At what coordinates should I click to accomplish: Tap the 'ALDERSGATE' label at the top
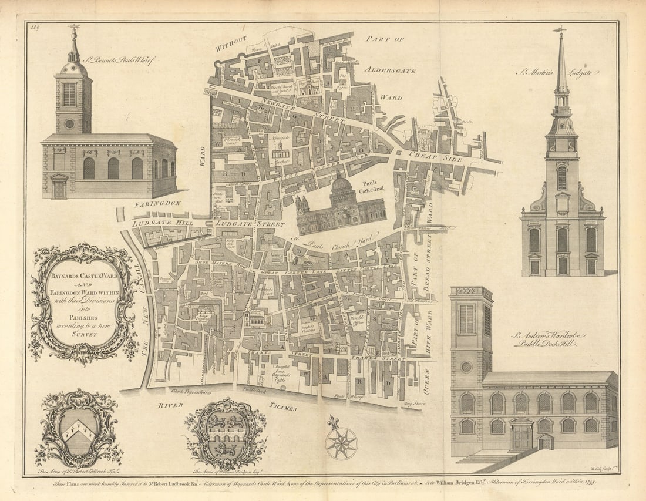point(390,70)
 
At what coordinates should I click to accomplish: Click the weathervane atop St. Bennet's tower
point(73,27)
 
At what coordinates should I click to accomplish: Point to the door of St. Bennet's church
point(59,187)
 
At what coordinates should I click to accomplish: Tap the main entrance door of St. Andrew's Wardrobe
point(521,437)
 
